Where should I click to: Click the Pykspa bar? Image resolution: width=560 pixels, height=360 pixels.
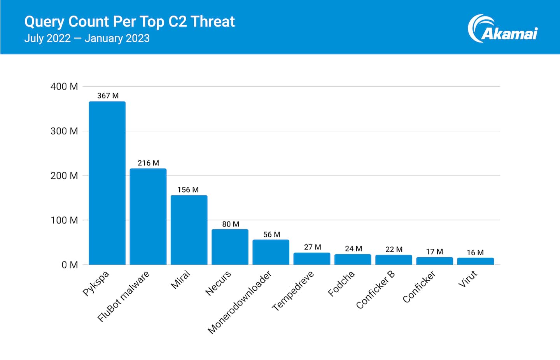click(x=107, y=183)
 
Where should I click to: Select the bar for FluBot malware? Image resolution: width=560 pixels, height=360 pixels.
click(x=148, y=216)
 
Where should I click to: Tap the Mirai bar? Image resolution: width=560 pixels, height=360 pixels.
click(x=189, y=230)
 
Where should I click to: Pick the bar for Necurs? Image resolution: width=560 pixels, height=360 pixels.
click(x=230, y=247)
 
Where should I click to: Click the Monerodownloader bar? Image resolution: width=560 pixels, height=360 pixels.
click(x=271, y=252)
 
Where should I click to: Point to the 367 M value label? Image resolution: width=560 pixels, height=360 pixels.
click(x=108, y=96)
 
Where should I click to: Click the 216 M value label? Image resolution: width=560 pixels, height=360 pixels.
click(x=148, y=163)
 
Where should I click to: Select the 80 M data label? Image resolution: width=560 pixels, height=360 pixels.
click(x=231, y=224)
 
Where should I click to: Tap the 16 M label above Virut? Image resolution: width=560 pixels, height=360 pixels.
click(x=475, y=253)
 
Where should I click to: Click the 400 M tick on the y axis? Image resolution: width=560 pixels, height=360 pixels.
click(x=64, y=86)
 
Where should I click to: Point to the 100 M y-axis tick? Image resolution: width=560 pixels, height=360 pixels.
click(x=64, y=220)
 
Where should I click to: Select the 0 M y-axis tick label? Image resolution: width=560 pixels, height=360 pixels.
click(x=69, y=265)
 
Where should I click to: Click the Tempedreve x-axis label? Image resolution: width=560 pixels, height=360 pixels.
click(x=292, y=291)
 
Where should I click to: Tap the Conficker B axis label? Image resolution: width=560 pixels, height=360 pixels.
click(x=375, y=290)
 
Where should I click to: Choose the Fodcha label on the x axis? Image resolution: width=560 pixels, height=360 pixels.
click(x=341, y=283)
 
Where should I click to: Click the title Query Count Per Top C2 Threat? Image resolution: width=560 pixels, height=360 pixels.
click(x=129, y=22)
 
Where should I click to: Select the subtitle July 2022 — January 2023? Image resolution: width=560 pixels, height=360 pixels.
click(x=87, y=39)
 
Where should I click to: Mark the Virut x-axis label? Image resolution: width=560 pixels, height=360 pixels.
click(x=467, y=279)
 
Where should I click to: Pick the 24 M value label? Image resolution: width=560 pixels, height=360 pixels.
click(x=353, y=249)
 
